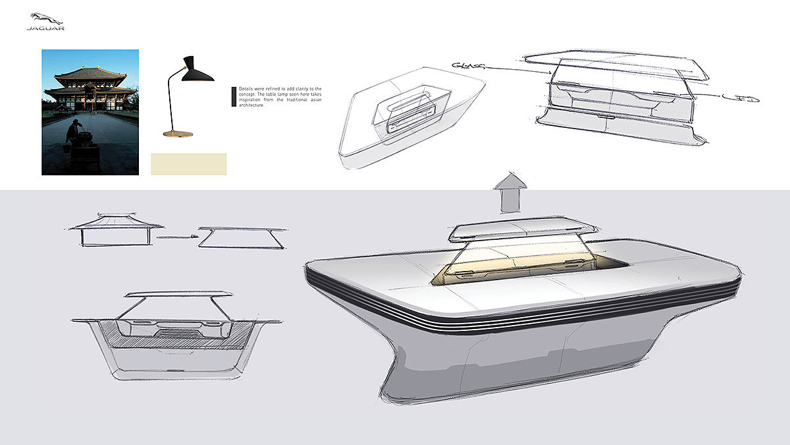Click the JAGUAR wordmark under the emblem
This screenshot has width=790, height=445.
pos(45,29)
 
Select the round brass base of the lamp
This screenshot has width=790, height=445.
pos(178,134)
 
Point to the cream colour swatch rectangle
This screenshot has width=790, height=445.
pos(189,164)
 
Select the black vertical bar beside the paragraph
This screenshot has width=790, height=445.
pos(233,96)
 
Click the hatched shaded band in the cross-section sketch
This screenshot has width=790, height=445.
pos(178,342)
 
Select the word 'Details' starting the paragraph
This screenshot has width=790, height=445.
pos(246,88)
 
